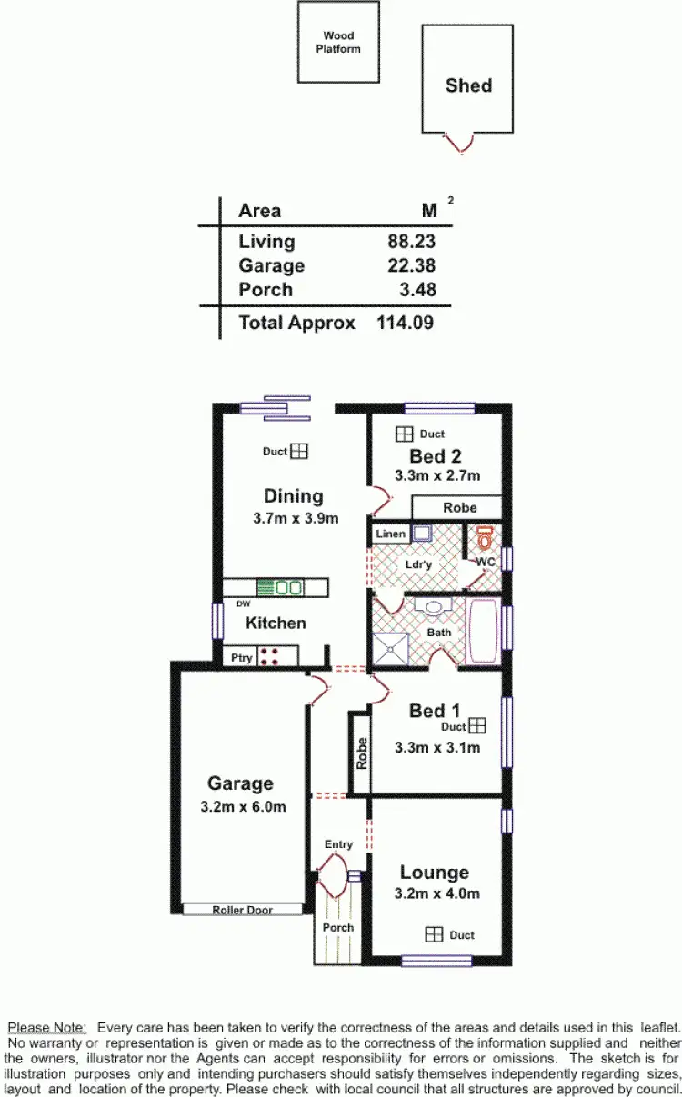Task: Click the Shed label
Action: click(468, 85)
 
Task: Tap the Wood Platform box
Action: click(338, 43)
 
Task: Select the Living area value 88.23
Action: click(411, 242)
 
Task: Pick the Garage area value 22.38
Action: click(411, 265)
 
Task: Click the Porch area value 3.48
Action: click(417, 290)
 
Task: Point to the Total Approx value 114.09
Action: click(405, 322)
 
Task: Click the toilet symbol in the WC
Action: click(486, 538)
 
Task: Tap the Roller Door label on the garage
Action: click(242, 909)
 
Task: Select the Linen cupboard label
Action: click(390, 534)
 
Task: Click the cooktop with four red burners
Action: click(268, 656)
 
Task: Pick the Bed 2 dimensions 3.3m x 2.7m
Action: click(436, 475)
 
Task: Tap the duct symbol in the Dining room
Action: click(299, 451)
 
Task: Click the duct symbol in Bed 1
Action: click(478, 725)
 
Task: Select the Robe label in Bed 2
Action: click(459, 508)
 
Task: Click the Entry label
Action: click(338, 844)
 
